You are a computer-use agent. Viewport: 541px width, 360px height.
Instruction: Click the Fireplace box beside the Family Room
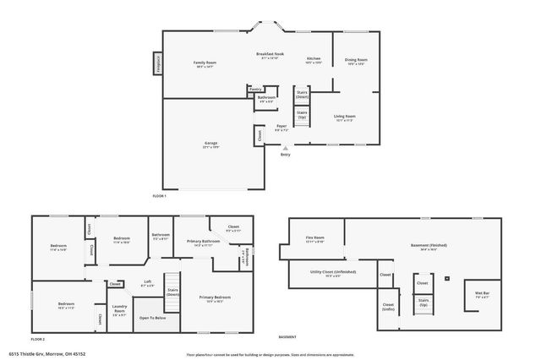pos(157,64)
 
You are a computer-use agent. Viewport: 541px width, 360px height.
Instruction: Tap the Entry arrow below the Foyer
pos(284,149)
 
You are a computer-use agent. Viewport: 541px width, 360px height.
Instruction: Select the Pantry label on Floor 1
pos(255,88)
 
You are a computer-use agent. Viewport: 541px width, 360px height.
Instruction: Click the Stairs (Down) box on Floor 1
pos(301,95)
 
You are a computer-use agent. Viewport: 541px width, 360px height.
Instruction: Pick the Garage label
pos(211,145)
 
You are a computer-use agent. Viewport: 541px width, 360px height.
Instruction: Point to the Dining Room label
pos(356,62)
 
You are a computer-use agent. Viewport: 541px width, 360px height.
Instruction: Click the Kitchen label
pos(313,61)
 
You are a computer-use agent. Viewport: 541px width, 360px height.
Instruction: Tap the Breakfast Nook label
pos(270,55)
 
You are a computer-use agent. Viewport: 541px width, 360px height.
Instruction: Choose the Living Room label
pos(344,117)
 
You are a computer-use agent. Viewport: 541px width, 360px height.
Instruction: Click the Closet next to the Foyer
pos(259,135)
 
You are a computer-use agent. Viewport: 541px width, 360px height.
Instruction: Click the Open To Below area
pos(152,318)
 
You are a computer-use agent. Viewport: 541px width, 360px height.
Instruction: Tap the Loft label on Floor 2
pos(147,283)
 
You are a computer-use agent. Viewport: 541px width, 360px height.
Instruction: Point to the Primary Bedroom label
pos(215,299)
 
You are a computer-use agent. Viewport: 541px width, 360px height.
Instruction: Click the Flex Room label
pos(314,239)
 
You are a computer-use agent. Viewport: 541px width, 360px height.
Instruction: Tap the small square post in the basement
pos(447,276)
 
